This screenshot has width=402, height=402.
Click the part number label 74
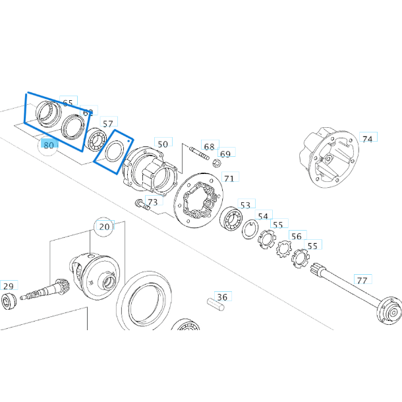tap(367, 139)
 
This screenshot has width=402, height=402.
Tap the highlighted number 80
tap(48, 144)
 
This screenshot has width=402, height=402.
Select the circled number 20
tap(104, 227)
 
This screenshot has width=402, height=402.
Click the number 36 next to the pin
tap(222, 297)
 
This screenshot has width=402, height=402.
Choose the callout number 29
tap(8, 286)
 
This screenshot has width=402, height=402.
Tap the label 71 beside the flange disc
tap(229, 178)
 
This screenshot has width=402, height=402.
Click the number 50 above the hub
tap(162, 144)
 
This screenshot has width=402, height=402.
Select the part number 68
tap(209, 146)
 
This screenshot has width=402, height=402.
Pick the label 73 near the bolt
tap(152, 202)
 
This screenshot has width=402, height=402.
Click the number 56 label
tap(297, 237)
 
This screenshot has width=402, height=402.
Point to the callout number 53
tap(245, 206)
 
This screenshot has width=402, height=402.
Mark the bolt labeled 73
tap(140, 206)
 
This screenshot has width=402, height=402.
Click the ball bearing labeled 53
tap(231, 218)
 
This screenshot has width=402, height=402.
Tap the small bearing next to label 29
tap(9, 303)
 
